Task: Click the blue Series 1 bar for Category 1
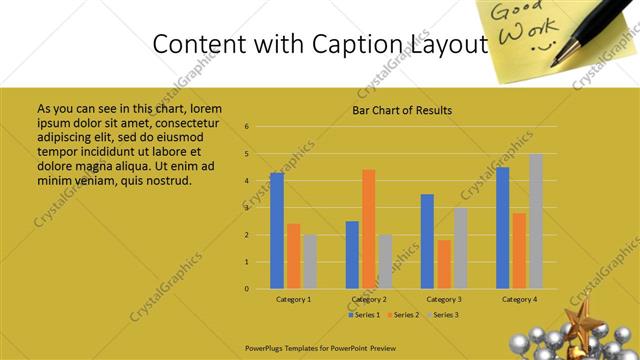[277, 230]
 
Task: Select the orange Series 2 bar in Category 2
[369, 228]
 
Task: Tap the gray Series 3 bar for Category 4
[536, 221]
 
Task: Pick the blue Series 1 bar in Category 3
[427, 241]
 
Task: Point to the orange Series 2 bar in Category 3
[444, 264]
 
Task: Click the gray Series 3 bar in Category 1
[310, 261]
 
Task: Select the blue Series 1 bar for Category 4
[502, 227]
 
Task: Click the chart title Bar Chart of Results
[402, 110]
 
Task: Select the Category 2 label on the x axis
[369, 299]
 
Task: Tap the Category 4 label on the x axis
[519, 299]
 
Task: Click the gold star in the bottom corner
[581, 325]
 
